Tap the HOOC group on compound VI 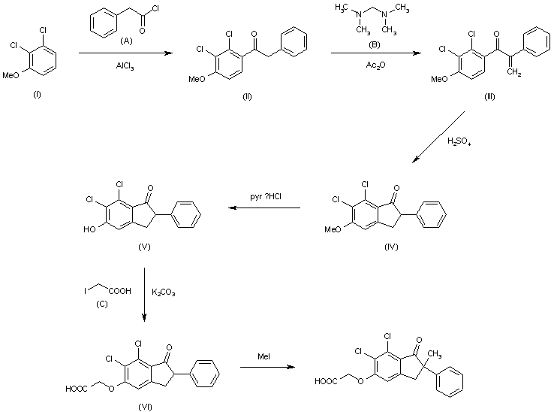[x=77, y=388]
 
